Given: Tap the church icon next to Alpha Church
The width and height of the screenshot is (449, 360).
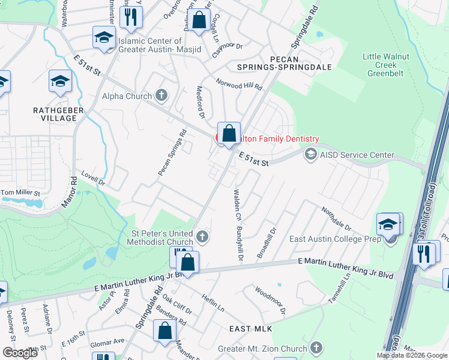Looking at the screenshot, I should pyautogui.click(x=161, y=95).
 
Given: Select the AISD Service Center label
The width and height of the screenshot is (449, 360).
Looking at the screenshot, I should pyautogui.click(x=358, y=155).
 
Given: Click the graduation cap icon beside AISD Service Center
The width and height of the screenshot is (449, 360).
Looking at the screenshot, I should pyautogui.click(x=311, y=155).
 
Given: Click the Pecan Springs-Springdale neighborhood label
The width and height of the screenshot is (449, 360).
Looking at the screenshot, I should pyautogui.click(x=301, y=64).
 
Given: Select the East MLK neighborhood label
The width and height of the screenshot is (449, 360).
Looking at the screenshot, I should pyautogui.click(x=252, y=329).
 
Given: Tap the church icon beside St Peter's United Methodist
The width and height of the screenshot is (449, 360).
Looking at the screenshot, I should pyautogui.click(x=203, y=238).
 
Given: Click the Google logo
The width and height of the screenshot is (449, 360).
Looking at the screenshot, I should pyautogui.click(x=20, y=353).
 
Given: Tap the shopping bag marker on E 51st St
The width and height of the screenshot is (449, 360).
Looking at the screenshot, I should pyautogui.click(x=229, y=133).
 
